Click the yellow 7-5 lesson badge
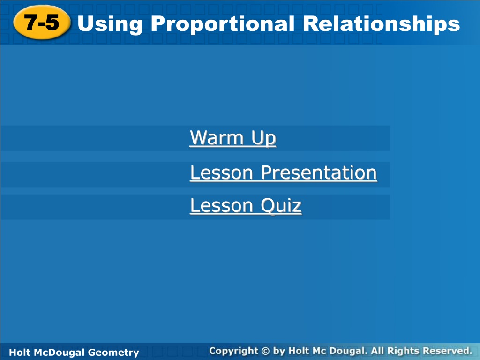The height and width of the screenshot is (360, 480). pos(42,23)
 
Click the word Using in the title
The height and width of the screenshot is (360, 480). pos(110,24)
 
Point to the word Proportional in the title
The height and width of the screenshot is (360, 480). pos(223,24)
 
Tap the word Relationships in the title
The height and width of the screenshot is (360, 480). pos(382,24)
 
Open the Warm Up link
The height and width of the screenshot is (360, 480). pos(233,138)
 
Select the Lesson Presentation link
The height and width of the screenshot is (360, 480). pos(284,172)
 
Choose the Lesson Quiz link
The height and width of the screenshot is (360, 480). pos(246,205)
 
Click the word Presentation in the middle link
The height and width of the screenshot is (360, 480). pos(319,172)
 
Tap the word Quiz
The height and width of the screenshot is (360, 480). pos(281,205)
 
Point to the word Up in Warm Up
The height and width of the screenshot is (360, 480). pos(264,138)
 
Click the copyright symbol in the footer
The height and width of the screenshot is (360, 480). pos(265,351)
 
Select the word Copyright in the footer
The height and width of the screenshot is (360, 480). pos(233,351)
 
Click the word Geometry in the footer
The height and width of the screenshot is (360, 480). pos(113,352)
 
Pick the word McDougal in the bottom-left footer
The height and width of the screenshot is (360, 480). pos(60,352)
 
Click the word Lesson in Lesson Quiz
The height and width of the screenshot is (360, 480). pos(222,205)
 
